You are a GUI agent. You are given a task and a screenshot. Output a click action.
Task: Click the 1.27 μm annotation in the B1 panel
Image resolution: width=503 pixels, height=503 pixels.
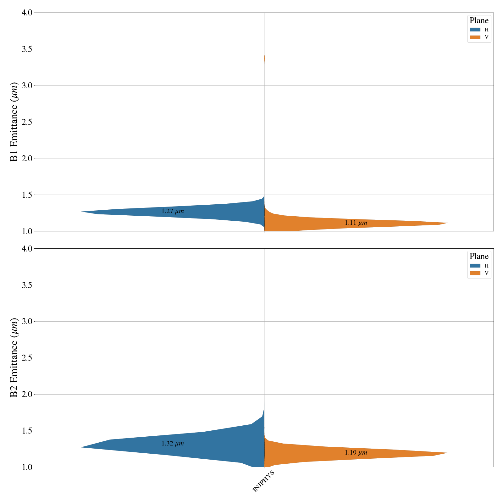[173, 211]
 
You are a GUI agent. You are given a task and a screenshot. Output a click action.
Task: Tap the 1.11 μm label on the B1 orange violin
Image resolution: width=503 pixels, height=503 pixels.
[356, 223]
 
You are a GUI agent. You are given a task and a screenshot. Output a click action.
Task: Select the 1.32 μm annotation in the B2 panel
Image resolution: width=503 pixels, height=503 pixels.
[173, 444]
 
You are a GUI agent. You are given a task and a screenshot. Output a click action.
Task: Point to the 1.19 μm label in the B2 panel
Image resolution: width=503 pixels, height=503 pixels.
[356, 453]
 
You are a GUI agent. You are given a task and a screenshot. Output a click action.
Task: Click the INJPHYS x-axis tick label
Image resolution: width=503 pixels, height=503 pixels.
[263, 481]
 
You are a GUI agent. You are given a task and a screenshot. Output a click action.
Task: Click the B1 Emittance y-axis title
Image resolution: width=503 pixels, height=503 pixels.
[14, 122]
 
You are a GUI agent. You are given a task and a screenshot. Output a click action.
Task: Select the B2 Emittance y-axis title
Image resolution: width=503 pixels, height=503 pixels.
[14, 357]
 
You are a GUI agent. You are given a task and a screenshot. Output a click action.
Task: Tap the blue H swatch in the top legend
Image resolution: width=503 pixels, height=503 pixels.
[475, 30]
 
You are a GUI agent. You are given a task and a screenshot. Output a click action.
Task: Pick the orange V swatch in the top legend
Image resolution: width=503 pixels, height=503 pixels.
[475, 37]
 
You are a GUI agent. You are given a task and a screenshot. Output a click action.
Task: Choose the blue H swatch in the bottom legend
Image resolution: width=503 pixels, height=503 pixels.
[475, 266]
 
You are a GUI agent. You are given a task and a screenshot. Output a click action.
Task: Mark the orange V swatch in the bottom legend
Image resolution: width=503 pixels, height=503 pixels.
[475, 273]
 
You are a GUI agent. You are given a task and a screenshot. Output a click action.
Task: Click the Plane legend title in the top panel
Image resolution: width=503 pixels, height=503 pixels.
[479, 21]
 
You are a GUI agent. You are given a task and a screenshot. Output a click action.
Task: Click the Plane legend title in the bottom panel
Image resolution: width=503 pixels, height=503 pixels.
[479, 257]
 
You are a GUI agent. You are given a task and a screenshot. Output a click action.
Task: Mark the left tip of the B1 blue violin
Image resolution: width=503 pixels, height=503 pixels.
[82, 212]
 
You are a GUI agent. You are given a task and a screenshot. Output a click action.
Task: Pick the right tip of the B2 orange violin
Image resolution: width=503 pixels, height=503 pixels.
[447, 453]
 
